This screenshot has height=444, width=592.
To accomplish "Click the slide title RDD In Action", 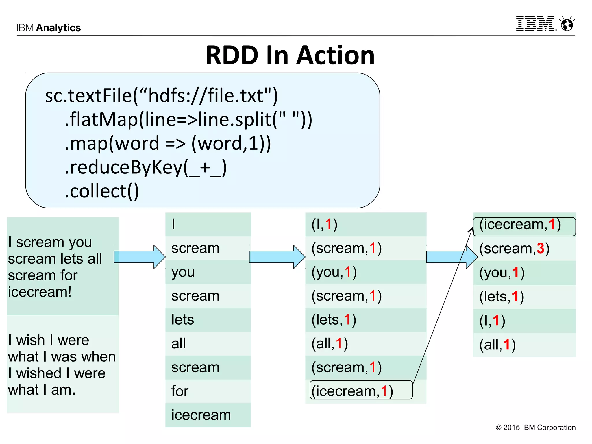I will (x=290, y=55).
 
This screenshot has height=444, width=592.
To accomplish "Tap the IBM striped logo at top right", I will (x=535, y=24).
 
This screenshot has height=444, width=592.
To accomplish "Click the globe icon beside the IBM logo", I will (x=567, y=24).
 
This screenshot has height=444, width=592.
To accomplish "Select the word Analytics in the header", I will (x=58, y=28).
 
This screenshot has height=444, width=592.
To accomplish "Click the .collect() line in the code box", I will (x=102, y=191).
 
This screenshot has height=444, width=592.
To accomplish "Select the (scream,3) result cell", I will (x=514, y=249).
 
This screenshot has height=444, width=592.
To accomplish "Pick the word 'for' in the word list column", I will (x=180, y=391).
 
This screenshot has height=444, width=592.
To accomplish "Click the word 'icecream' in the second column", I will (x=201, y=415).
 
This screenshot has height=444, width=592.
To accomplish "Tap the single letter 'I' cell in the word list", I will (x=173, y=224).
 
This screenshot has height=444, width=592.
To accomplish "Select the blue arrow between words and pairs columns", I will (x=277, y=257).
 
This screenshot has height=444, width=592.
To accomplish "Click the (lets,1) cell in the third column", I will (x=334, y=320).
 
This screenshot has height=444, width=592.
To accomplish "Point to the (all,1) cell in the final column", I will (x=497, y=345).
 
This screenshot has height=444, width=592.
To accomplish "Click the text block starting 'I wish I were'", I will (x=62, y=365).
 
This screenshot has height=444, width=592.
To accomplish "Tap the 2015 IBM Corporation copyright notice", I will (x=535, y=427).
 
